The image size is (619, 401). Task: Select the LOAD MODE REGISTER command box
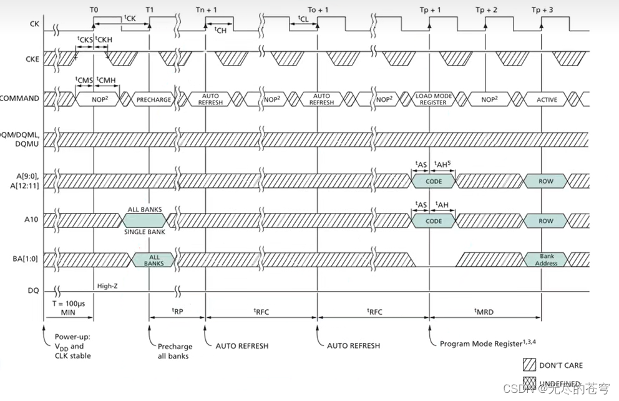coord(433,99)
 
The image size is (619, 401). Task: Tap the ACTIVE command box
coord(547,99)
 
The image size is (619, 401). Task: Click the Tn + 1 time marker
coord(207,10)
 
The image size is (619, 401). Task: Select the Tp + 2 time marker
coord(487,10)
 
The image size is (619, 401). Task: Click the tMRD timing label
coord(484,311)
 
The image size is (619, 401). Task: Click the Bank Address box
coord(546,260)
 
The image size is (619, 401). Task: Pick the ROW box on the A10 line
coord(545,220)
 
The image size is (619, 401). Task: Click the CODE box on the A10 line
coord(433,220)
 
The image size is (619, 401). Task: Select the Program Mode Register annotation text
coord(484,344)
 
